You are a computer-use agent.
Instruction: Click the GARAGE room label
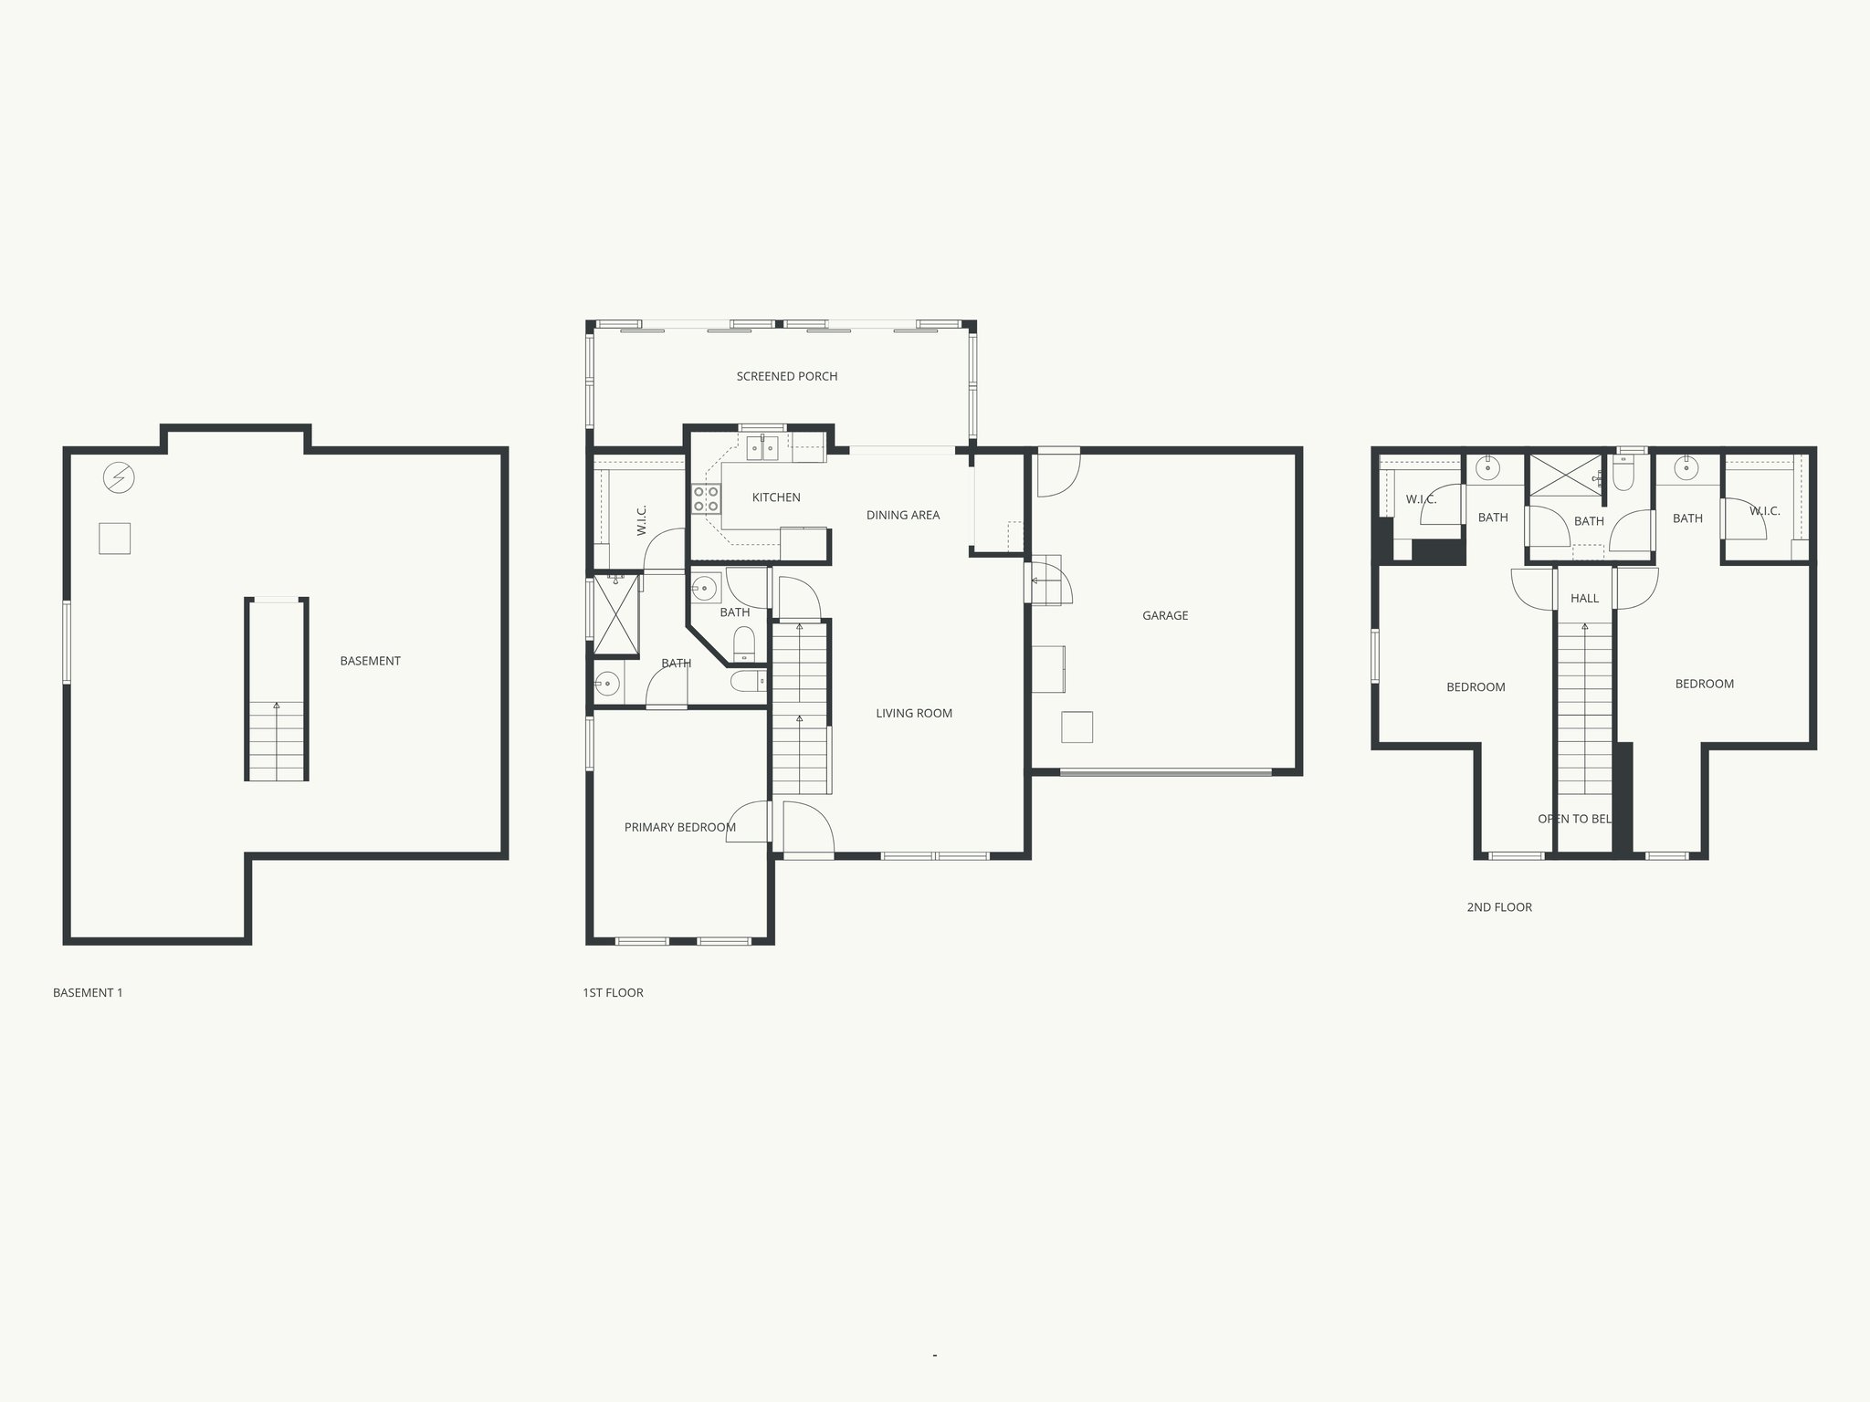pyautogui.click(x=1165, y=616)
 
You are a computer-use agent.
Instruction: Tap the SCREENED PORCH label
pyautogui.click(x=787, y=376)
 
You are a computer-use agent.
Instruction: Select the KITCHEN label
pyautogui.click(x=776, y=497)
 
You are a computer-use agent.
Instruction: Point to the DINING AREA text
pyautogui.click(x=903, y=515)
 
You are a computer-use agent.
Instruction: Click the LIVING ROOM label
pyautogui.click(x=914, y=714)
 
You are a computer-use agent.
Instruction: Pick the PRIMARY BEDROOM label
pyautogui.click(x=679, y=828)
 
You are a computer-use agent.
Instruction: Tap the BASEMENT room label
pyautogui.click(x=370, y=661)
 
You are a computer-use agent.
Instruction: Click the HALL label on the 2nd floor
pyautogui.click(x=1585, y=599)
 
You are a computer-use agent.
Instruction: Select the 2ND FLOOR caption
pyautogui.click(x=1499, y=907)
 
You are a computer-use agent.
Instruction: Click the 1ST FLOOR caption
pyautogui.click(x=613, y=993)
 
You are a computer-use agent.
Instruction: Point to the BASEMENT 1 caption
pyautogui.click(x=88, y=993)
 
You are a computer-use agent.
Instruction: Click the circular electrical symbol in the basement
pyautogui.click(x=119, y=477)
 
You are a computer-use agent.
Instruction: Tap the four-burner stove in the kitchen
pyautogui.click(x=706, y=499)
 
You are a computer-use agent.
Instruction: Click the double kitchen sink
pyautogui.click(x=762, y=446)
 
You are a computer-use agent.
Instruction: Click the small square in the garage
pyautogui.click(x=1077, y=727)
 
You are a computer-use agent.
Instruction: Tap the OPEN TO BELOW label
pyautogui.click(x=1575, y=819)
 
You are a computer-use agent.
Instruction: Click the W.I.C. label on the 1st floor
pyautogui.click(x=642, y=520)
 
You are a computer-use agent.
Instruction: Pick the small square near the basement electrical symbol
pyautogui.click(x=114, y=539)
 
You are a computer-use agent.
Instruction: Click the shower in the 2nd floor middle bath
pyautogui.click(x=1566, y=476)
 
